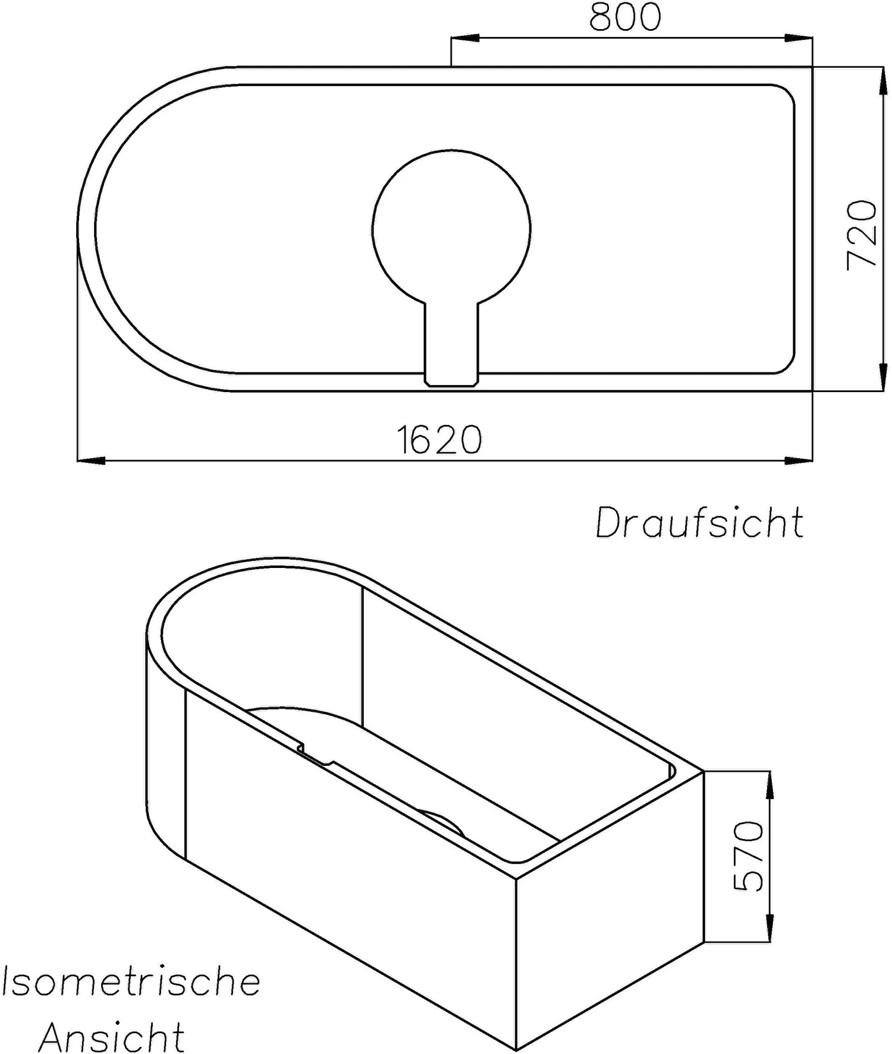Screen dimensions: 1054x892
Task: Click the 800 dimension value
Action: pos(625,17)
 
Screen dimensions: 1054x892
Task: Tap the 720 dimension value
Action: pos(862,235)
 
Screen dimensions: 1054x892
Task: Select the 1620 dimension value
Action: pos(439,440)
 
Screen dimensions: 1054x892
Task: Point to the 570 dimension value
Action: pos(748,856)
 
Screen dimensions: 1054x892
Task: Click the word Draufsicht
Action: pos(699,523)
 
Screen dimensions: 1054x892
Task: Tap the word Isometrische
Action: pos(131,982)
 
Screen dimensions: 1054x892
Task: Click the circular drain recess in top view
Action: pos(451,229)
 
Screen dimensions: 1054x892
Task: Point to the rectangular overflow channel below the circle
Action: pos(451,339)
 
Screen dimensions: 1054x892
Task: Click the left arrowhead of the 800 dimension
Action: pos(464,39)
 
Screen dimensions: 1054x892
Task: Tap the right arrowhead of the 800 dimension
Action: pos(799,39)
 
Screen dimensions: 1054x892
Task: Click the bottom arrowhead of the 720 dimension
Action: pos(881,378)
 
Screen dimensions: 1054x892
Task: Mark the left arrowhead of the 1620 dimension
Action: pos(91,460)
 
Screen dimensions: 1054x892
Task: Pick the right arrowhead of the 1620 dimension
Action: pos(799,460)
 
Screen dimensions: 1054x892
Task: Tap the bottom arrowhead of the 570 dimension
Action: pos(770,929)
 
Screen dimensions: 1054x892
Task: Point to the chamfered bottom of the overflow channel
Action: pos(451,383)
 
